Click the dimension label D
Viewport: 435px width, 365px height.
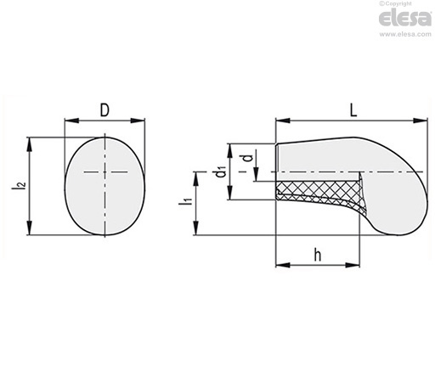(105, 110)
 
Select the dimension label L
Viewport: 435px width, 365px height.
(353, 110)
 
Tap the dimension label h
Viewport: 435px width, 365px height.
(318, 255)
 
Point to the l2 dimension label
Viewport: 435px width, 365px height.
(19, 185)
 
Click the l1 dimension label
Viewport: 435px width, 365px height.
(185, 200)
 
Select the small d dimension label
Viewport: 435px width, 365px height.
(248, 158)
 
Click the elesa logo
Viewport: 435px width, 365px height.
(405, 19)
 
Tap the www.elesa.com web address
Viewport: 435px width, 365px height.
(405, 34)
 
